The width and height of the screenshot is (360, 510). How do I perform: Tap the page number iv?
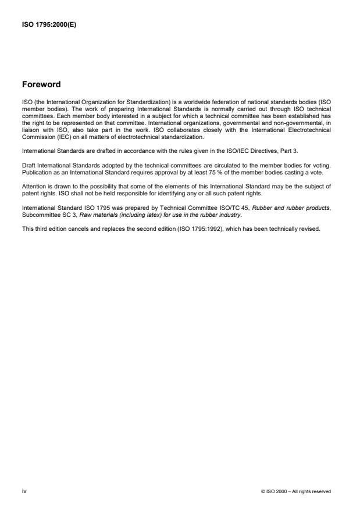coord(24,491)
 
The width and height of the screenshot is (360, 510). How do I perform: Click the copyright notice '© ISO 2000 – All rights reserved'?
coord(296,491)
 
